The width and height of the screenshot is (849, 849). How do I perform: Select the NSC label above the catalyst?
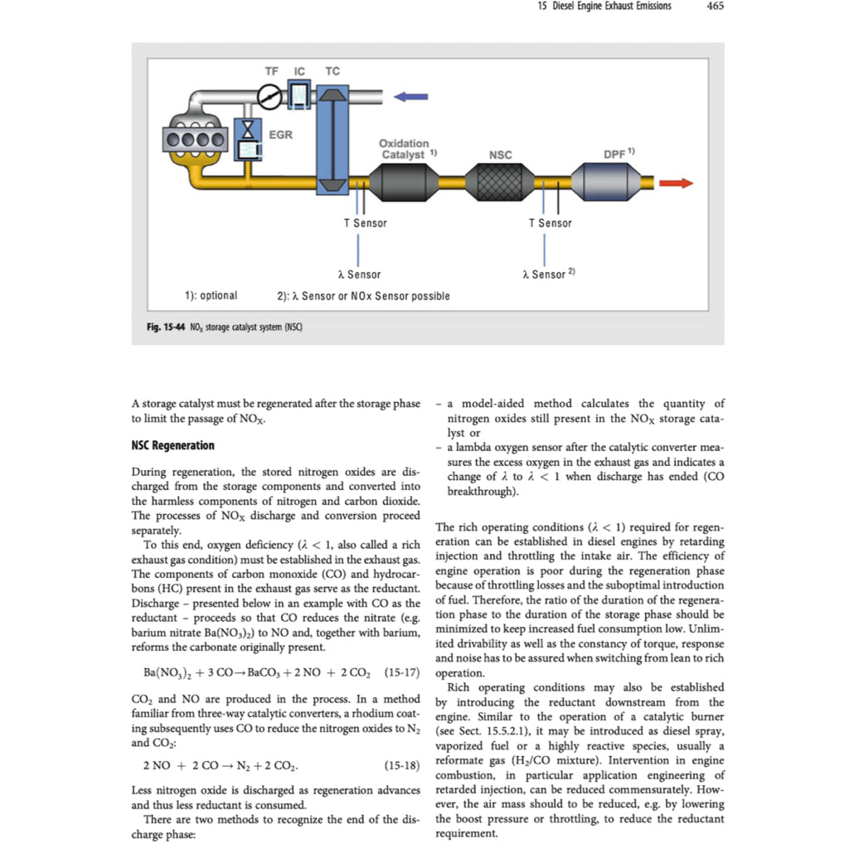(x=501, y=155)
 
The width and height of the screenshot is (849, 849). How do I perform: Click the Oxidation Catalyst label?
(x=405, y=149)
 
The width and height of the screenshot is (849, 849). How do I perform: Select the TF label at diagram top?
(x=271, y=72)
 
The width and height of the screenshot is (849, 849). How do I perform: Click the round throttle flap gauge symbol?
(x=271, y=99)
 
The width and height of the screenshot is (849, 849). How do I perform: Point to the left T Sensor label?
(x=365, y=223)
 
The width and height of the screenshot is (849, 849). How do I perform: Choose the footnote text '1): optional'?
(x=210, y=296)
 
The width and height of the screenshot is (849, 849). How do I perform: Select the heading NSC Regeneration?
(x=172, y=445)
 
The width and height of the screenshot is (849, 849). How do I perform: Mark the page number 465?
(x=715, y=7)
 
